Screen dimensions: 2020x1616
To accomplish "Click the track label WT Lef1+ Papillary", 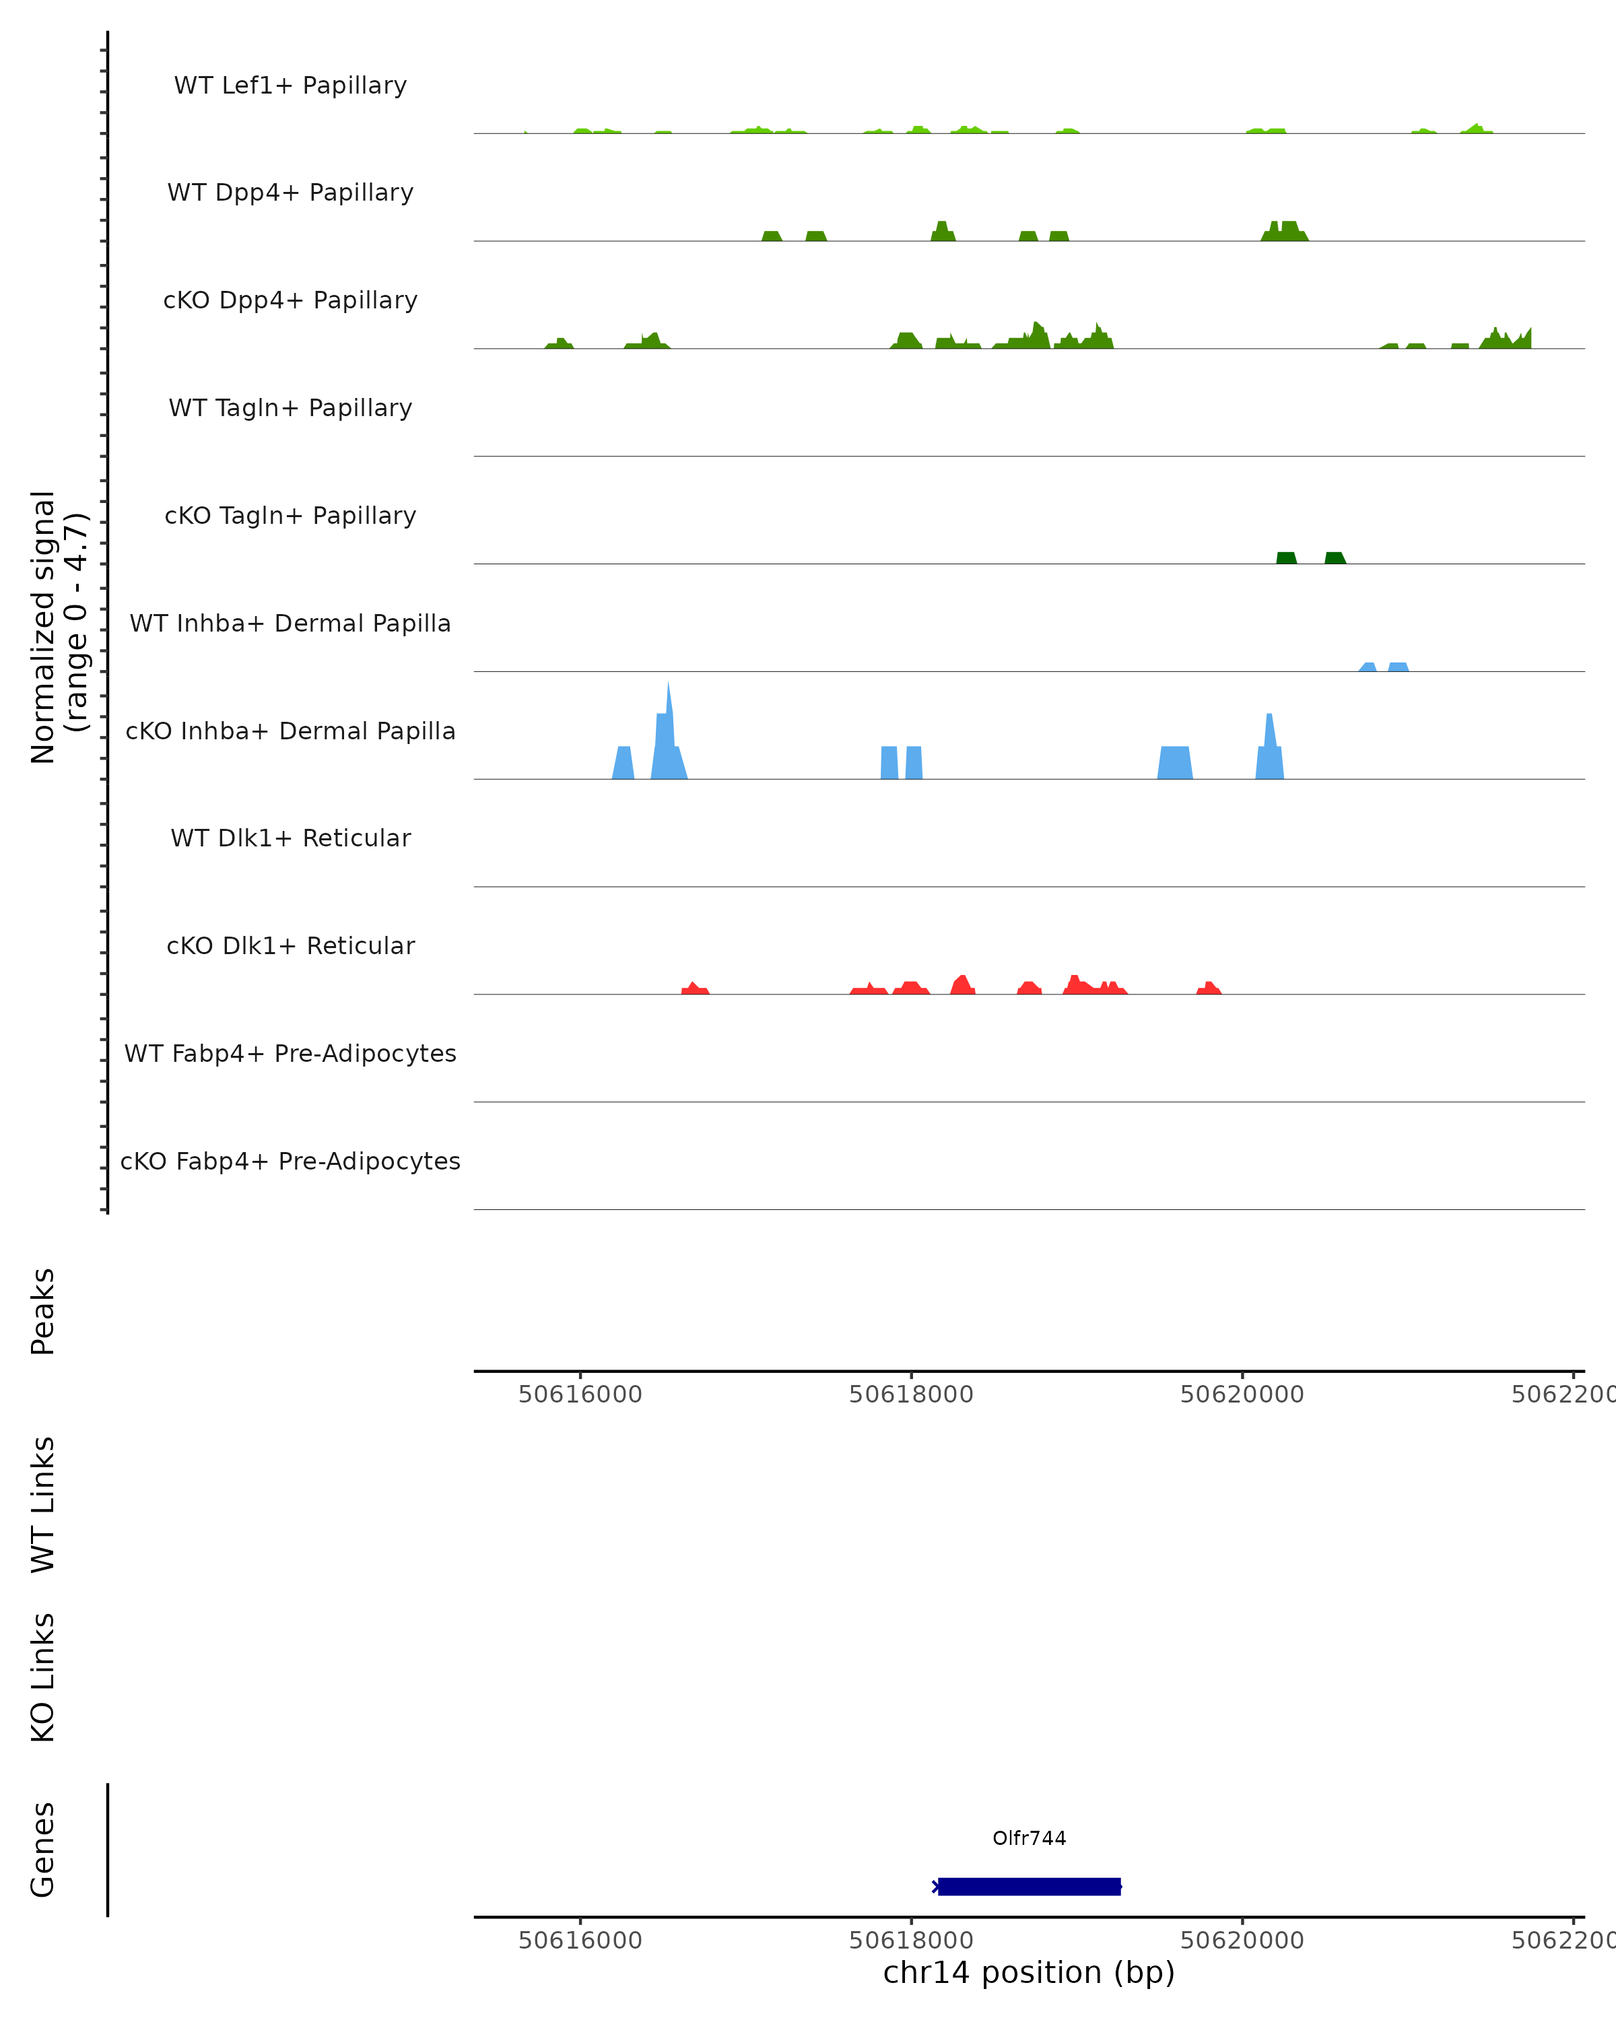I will tap(290, 86).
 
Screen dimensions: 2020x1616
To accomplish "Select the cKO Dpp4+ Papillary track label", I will tap(290, 301).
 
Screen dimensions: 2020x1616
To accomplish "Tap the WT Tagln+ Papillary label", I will tap(290, 409).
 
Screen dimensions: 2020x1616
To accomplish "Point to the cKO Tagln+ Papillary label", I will tap(290, 516).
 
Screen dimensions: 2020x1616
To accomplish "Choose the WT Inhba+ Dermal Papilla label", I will tap(290, 624).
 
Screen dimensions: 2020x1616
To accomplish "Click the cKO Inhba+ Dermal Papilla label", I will tap(290, 732).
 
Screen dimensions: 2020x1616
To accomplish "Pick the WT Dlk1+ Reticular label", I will tap(290, 838).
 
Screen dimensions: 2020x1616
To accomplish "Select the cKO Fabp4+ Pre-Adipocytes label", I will tap(290, 1161).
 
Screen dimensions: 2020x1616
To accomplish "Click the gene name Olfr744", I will tap(1029, 1838).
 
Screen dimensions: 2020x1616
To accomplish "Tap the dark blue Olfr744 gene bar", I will tap(1029, 1886).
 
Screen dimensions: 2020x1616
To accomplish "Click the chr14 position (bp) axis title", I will tap(1029, 1972).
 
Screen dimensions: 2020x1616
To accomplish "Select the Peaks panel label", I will tap(43, 1312).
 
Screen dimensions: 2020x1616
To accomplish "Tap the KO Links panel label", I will tap(43, 1677).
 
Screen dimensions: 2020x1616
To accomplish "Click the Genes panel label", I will tap(43, 1850).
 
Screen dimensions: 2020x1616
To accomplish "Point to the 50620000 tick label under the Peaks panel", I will tap(1242, 1394).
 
